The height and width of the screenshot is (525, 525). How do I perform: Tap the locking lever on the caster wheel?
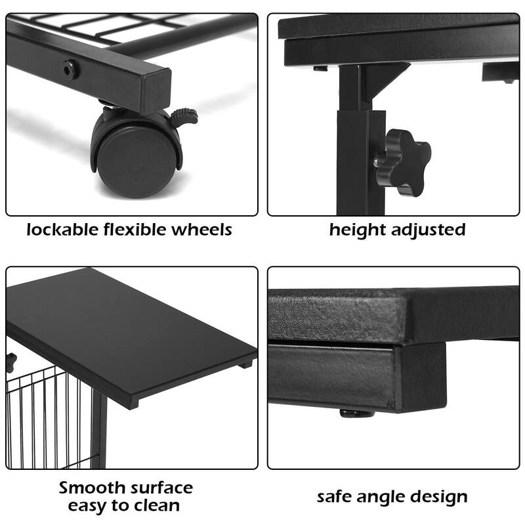point(184,117)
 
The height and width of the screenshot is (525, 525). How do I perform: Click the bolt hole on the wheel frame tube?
point(68,69)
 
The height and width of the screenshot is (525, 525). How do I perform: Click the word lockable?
point(62,230)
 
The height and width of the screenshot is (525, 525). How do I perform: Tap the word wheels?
point(203,230)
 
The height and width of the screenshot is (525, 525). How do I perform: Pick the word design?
point(441,497)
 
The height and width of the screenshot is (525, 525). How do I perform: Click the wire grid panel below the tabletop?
point(46,420)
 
